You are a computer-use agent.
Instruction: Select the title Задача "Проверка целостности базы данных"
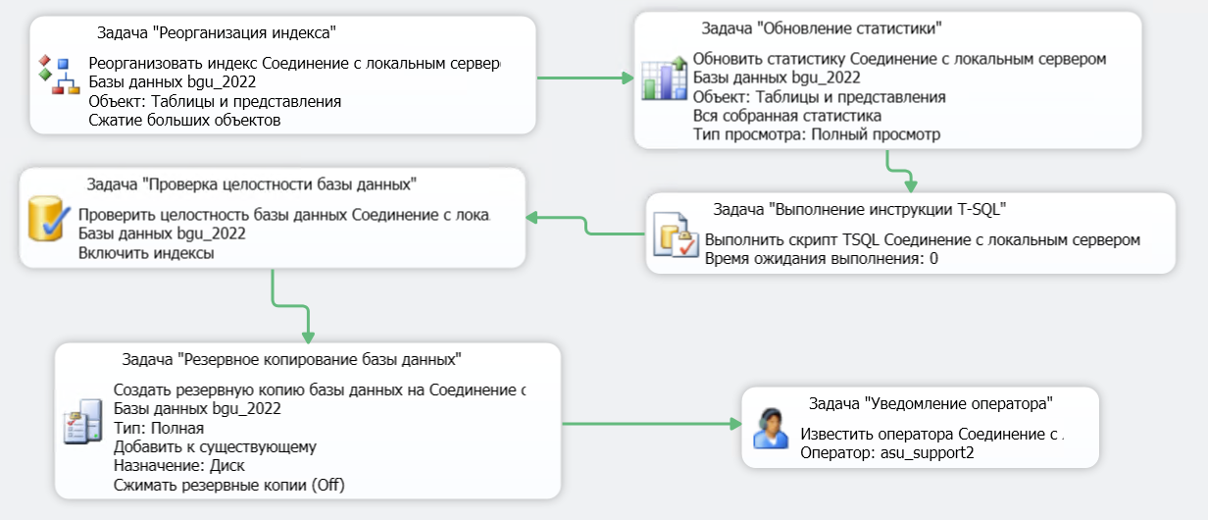tap(251, 183)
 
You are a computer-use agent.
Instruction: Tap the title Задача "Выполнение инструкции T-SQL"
tap(860, 208)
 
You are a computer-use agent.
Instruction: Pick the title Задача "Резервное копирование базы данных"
tap(291, 359)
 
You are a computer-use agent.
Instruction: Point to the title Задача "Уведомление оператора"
tap(931, 402)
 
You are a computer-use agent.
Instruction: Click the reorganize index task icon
tap(58, 76)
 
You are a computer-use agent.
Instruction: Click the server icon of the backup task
tap(82, 422)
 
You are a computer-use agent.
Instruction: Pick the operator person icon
tap(772, 428)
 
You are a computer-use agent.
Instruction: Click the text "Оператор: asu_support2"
tap(886, 453)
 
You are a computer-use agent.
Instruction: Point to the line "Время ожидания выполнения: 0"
tap(822, 259)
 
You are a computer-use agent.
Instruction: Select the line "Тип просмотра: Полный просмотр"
tap(816, 134)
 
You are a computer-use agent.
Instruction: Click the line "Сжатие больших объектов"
tap(184, 121)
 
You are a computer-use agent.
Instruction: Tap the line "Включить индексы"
tap(146, 253)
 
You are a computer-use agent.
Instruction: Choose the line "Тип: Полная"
tap(159, 428)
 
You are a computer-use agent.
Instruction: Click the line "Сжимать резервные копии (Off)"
tap(229, 485)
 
